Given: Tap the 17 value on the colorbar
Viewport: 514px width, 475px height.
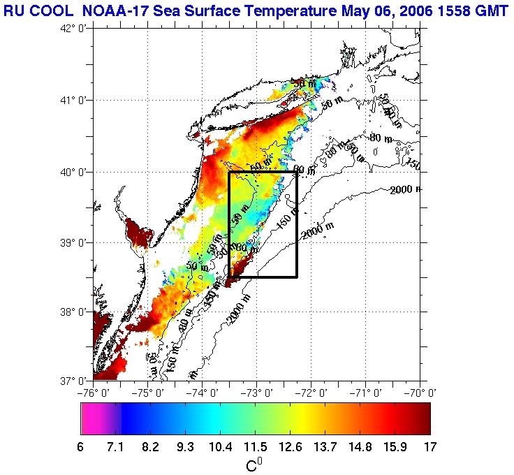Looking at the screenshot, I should pyautogui.click(x=429, y=446).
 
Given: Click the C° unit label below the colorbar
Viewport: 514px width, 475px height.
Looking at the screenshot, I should pyautogui.click(x=255, y=465).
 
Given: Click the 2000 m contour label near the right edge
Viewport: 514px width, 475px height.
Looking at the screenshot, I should pyautogui.click(x=406, y=190).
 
